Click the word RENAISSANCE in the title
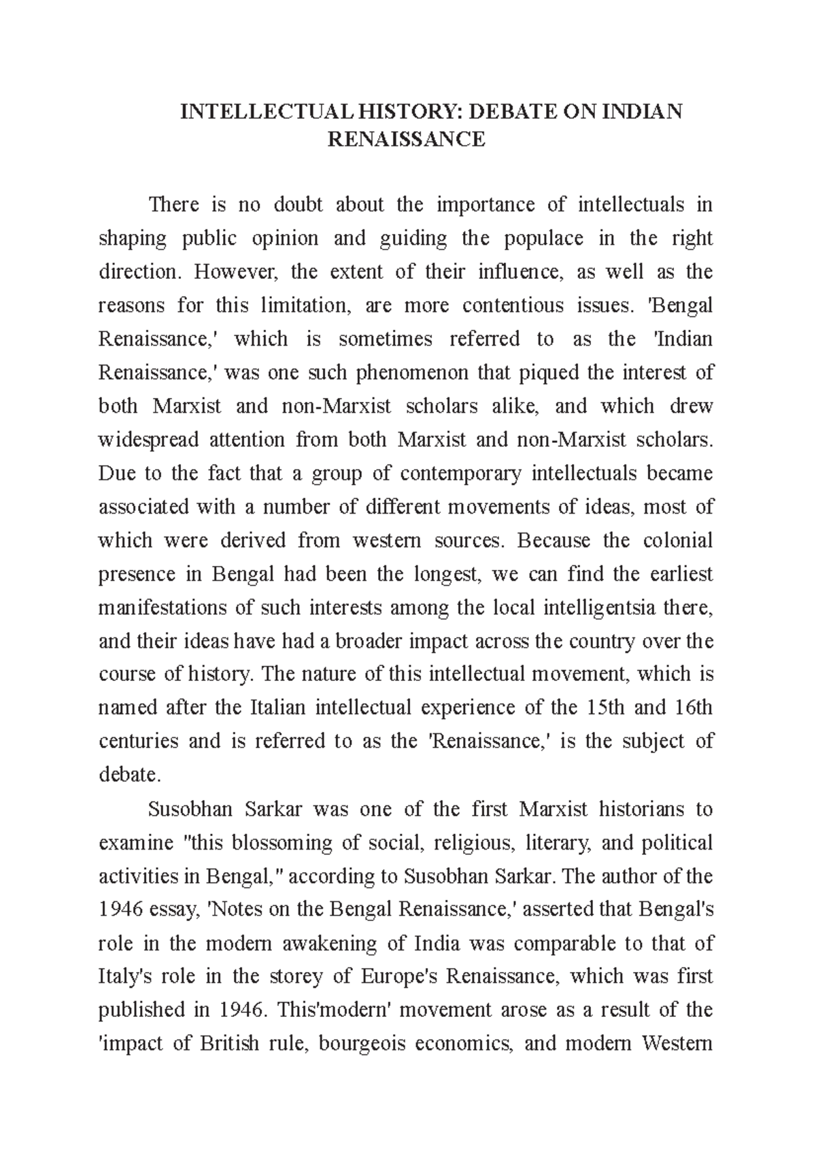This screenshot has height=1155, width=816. pos(407,139)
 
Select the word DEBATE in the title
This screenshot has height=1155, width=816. pos(498,111)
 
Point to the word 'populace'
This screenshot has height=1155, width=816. pos(539,239)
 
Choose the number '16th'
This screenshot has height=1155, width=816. pos(694,708)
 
